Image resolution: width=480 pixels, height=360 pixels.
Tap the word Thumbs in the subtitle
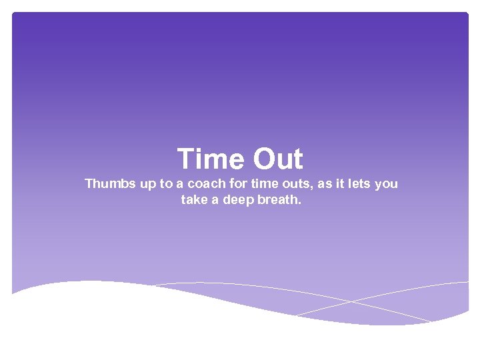click(109, 184)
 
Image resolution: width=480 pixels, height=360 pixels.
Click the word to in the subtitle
click(166, 184)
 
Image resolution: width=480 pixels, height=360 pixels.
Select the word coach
click(207, 184)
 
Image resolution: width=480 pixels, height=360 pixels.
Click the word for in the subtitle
click(239, 184)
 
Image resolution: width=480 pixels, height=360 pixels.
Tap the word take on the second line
click(194, 199)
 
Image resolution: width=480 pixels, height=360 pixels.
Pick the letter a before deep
click(215, 200)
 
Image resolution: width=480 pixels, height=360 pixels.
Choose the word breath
click(279, 199)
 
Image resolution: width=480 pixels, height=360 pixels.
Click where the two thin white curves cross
click(350, 302)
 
